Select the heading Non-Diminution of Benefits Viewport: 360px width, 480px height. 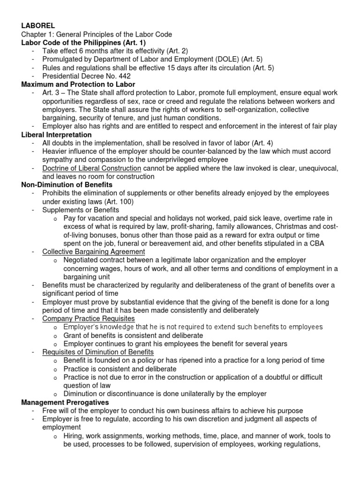point(67,185)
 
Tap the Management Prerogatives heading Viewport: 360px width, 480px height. point(65,402)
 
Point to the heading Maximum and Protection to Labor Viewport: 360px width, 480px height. point(78,84)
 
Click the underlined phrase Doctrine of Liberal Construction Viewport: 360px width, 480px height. point(91,168)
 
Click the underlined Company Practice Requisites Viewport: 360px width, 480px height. point(88,319)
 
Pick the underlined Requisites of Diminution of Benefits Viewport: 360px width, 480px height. point(98,352)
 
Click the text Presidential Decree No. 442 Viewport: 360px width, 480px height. point(86,76)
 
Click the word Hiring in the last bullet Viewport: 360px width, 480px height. point(75,436)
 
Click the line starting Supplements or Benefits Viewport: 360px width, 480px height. point(81,210)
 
